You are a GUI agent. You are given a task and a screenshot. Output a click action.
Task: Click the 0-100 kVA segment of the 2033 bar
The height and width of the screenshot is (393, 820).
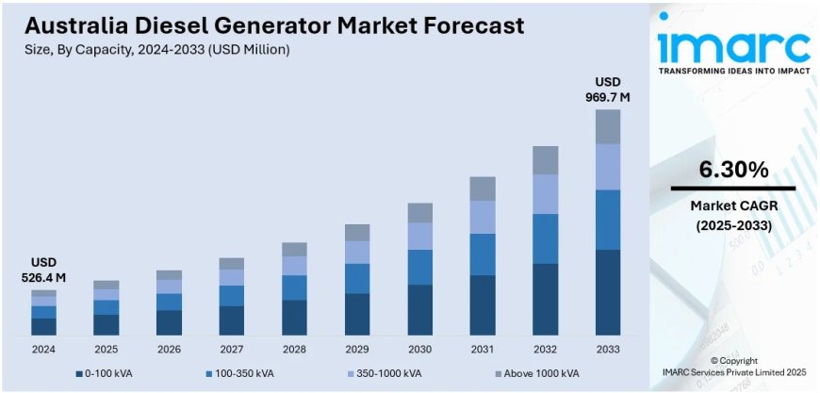pyautogui.click(x=608, y=292)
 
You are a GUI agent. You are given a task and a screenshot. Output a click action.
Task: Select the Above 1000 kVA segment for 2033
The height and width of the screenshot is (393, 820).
pyautogui.click(x=608, y=126)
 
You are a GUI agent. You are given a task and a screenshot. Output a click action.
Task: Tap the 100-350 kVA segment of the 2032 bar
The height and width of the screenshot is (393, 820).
pyautogui.click(x=545, y=238)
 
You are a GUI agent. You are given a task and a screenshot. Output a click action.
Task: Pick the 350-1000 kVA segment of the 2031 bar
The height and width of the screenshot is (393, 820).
pyautogui.click(x=483, y=217)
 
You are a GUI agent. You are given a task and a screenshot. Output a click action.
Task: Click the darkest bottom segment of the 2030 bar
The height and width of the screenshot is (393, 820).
pyautogui.click(x=419, y=310)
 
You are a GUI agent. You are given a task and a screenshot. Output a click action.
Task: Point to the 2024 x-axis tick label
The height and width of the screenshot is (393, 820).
pyautogui.click(x=43, y=350)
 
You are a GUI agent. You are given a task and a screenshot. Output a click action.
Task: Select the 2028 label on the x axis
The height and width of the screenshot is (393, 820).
pyautogui.click(x=294, y=350)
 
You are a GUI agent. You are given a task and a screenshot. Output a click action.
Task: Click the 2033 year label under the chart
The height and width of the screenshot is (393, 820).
pyautogui.click(x=608, y=350)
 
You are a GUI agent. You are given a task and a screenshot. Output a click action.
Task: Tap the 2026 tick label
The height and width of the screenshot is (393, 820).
pyautogui.click(x=169, y=350)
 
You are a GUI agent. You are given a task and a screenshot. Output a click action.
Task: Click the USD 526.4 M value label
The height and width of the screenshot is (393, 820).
pyautogui.click(x=43, y=270)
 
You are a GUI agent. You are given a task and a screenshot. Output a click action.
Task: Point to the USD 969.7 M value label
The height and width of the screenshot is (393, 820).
pyautogui.click(x=608, y=89)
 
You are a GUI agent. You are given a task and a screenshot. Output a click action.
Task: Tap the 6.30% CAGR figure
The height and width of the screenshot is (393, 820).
pyautogui.click(x=732, y=170)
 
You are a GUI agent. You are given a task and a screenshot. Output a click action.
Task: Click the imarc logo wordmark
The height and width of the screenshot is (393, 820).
pyautogui.click(x=732, y=45)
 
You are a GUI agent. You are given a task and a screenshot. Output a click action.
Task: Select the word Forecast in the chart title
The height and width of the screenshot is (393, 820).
pyautogui.click(x=459, y=25)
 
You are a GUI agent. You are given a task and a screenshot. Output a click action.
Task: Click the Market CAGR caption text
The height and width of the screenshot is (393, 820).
pyautogui.click(x=732, y=205)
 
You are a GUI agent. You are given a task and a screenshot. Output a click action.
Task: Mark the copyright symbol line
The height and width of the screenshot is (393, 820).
pyautogui.click(x=733, y=361)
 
